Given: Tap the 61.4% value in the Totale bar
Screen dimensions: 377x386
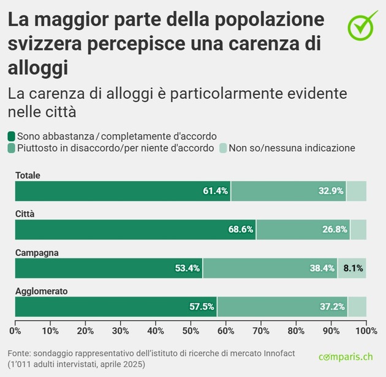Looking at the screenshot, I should click(215, 191).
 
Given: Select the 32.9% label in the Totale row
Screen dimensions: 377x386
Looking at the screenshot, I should click(331, 191).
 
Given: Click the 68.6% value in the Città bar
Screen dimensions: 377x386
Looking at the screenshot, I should click(241, 230).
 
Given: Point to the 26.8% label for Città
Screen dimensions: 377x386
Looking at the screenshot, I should click(335, 230).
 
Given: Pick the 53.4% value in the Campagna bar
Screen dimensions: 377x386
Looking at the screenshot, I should click(187, 268).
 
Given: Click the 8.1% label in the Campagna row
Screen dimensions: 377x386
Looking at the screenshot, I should click(353, 268).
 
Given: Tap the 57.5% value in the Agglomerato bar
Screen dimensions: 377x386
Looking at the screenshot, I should click(202, 307).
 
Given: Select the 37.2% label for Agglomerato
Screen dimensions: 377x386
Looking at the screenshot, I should click(332, 307).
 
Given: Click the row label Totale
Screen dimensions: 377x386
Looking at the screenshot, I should click(28, 176).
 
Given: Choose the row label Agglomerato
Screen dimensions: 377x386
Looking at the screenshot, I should click(41, 291).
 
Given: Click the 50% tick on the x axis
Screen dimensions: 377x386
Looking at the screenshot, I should click(191, 331).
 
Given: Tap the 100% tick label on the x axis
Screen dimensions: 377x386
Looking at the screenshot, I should click(366, 331).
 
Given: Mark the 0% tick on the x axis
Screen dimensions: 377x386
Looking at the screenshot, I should click(15, 331).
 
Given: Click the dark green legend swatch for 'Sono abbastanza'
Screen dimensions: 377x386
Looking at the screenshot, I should click(12, 136).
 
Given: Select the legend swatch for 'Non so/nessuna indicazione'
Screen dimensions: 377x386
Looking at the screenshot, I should click(223, 148).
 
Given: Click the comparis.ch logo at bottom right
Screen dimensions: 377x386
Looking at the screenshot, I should click(345, 357).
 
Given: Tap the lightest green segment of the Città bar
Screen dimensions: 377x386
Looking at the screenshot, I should click(358, 230).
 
